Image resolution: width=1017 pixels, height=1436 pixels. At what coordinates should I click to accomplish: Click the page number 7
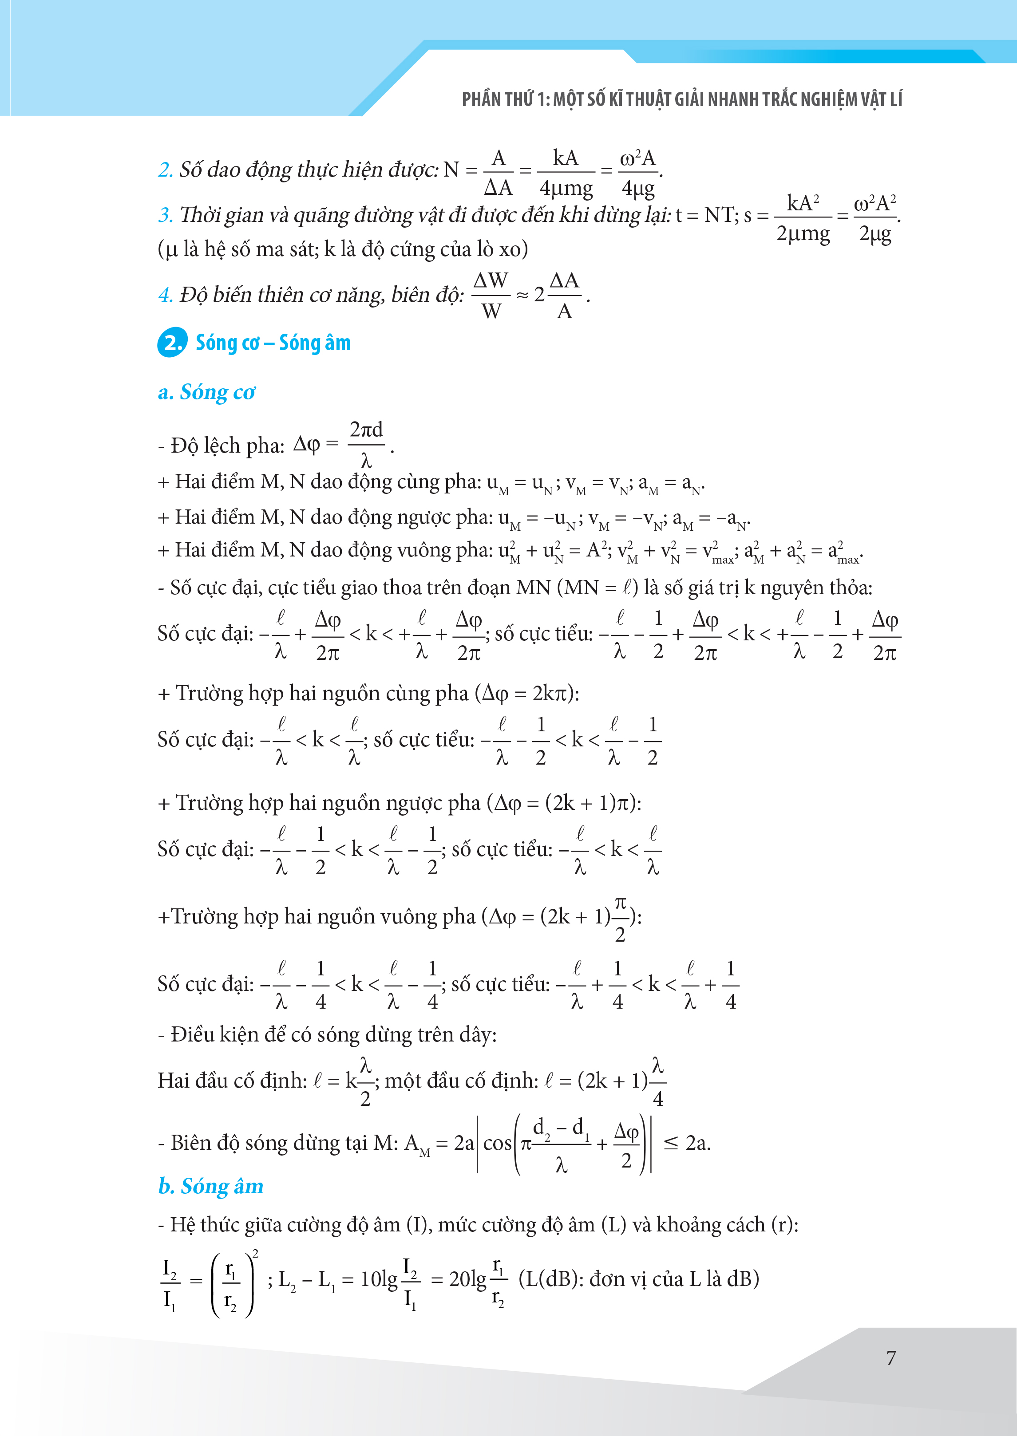point(890,1357)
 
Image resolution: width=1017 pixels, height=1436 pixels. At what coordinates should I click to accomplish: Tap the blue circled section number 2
point(172,343)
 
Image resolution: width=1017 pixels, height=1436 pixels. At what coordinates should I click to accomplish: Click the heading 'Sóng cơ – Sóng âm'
point(273,343)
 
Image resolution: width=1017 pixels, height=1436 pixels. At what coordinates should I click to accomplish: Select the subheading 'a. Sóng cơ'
point(207,392)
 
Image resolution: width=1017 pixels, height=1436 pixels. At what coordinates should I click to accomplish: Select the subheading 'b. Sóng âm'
point(210,1186)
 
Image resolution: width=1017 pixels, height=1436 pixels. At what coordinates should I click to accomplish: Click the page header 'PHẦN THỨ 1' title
point(681,99)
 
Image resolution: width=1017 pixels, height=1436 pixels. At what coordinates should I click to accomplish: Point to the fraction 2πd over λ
point(366,445)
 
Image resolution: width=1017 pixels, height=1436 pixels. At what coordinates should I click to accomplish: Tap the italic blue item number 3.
point(165,215)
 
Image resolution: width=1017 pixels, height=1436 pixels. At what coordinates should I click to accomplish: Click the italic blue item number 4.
point(165,294)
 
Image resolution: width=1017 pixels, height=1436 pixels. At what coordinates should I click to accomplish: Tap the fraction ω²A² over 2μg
point(875,217)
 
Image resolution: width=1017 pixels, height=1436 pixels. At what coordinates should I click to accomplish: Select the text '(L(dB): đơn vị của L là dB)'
point(639,1278)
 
